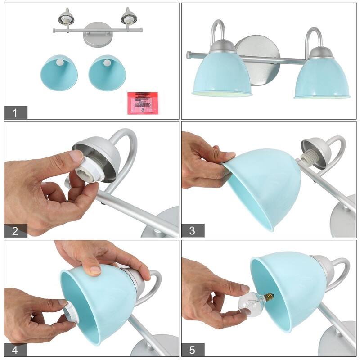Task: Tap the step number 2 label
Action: pyautogui.click(x=15, y=231)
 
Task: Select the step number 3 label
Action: pyautogui.click(x=193, y=231)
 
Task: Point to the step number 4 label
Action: pyautogui.click(x=15, y=349)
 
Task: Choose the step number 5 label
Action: pyautogui.click(x=193, y=349)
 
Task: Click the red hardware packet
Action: pyautogui.click(x=143, y=103)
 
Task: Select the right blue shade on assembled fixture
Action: pyautogui.click(x=322, y=76)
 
